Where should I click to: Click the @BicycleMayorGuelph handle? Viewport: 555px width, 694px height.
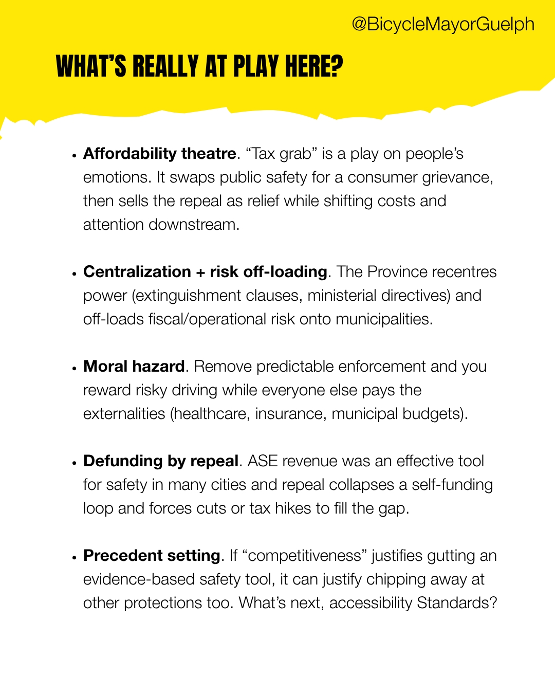pyautogui.click(x=443, y=24)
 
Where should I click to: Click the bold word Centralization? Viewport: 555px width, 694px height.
pyautogui.click(x=137, y=271)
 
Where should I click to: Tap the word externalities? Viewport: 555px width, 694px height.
pyautogui.click(x=124, y=414)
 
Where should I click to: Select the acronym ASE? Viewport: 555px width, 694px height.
pyautogui.click(x=263, y=461)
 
